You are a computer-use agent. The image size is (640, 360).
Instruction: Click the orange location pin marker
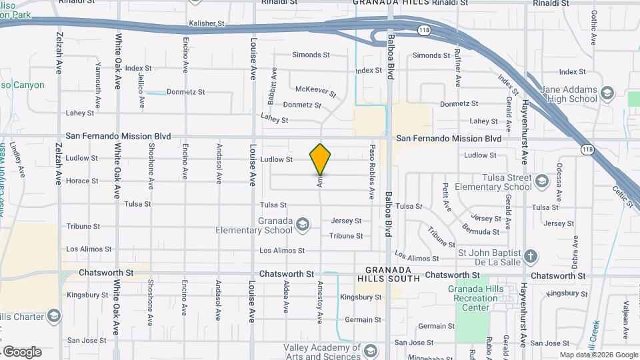pyautogui.click(x=321, y=159)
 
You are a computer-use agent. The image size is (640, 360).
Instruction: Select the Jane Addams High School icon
pyautogui.click(x=607, y=93)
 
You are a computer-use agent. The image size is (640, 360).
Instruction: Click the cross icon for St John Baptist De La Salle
pyautogui.click(x=531, y=257)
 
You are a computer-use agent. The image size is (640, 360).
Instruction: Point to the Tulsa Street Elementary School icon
pyautogui.click(x=542, y=181)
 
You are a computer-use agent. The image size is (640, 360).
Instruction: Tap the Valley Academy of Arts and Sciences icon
pyautogui.click(x=370, y=350)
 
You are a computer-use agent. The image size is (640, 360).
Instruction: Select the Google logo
pyautogui.click(x=22, y=352)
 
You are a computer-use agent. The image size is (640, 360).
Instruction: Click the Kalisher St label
pyautogui.click(x=207, y=23)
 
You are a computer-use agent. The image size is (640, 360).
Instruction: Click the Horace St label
pyautogui.click(x=82, y=181)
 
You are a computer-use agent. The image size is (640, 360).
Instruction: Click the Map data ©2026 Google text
pyautogui.click(x=598, y=355)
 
